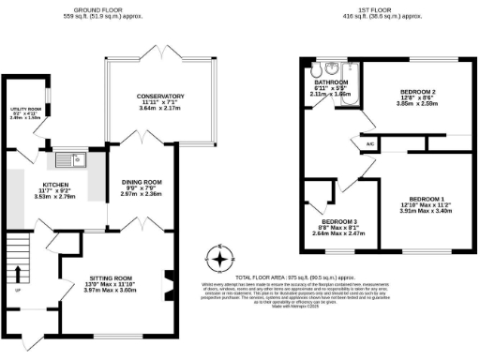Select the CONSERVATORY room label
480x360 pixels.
[159, 97]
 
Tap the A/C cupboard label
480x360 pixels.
[370, 143]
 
